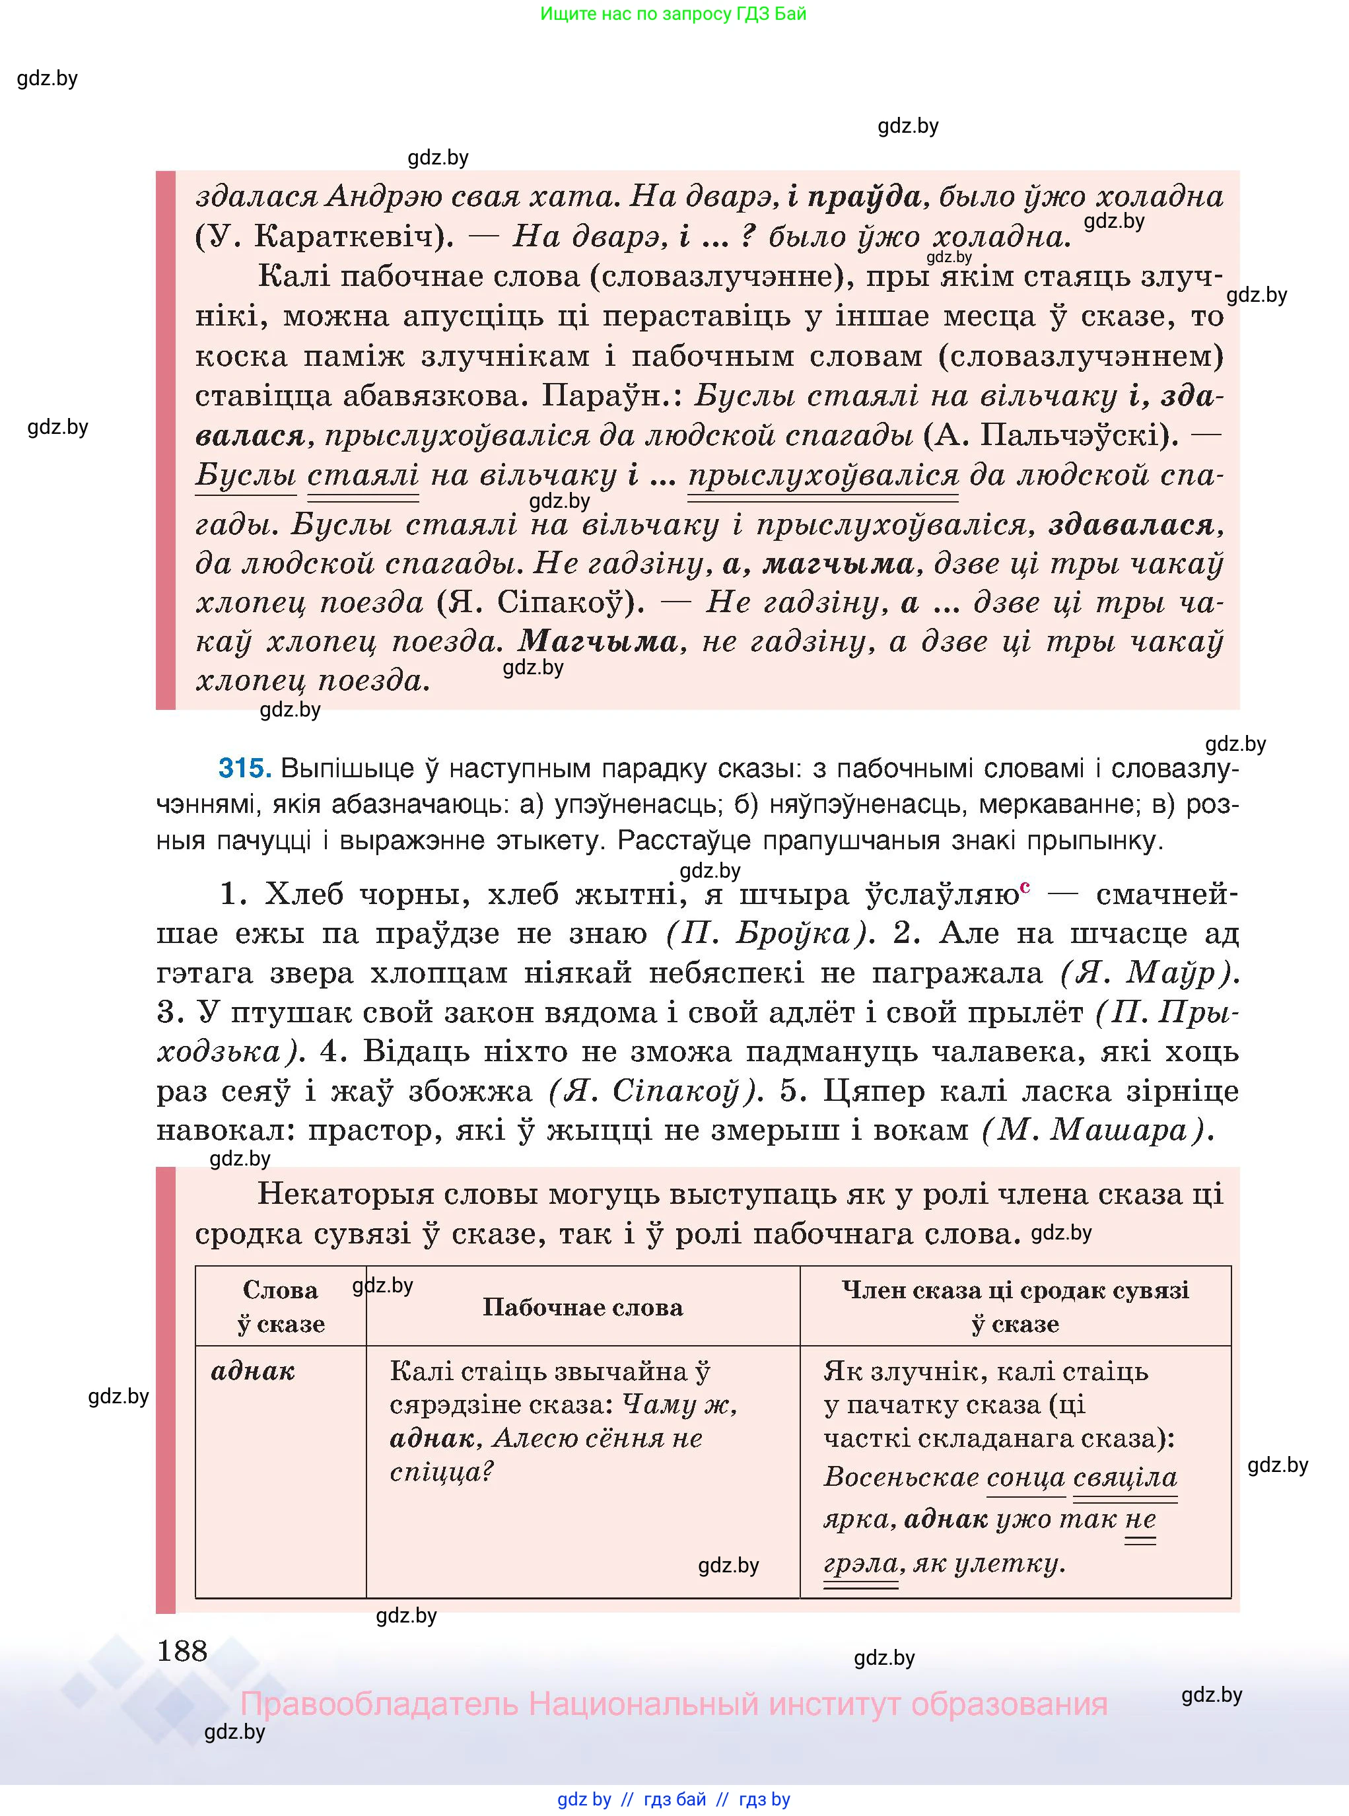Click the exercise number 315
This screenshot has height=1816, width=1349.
[x=244, y=769]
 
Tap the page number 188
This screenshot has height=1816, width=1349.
[x=183, y=1651]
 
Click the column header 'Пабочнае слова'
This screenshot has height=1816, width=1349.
[x=582, y=1308]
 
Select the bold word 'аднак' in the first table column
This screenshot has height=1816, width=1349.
[x=252, y=1371]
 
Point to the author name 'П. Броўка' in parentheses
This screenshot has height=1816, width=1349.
[x=766, y=933]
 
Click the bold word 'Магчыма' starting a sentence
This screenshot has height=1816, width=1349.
[x=598, y=641]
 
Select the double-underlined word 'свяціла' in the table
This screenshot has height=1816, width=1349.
[x=1124, y=1477]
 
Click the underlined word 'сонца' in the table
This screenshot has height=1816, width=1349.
[x=1025, y=1477]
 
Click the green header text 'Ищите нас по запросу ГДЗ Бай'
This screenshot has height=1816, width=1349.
[x=673, y=14]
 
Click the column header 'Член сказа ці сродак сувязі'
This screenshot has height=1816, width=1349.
[x=1015, y=1291]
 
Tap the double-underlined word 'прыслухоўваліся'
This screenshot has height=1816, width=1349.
[x=823, y=475]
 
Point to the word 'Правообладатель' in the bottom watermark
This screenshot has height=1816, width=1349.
[x=379, y=1705]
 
